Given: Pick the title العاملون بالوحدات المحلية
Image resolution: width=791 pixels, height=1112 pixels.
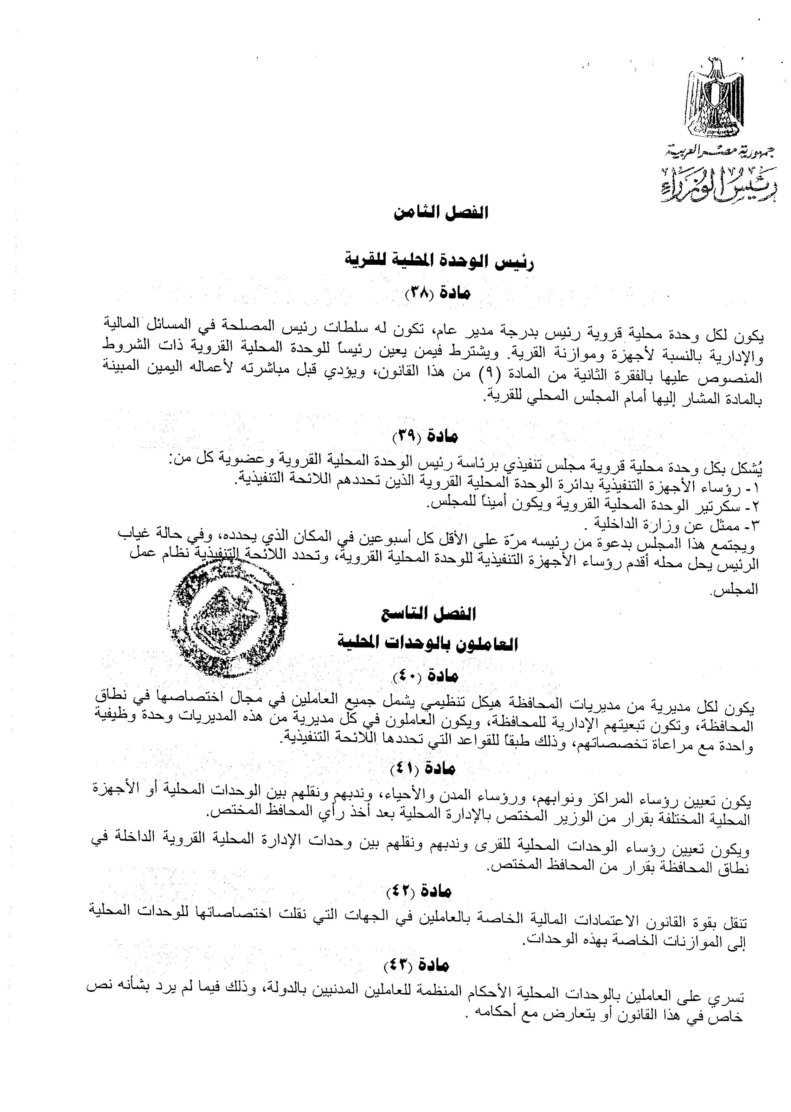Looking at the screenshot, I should tap(427, 644).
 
